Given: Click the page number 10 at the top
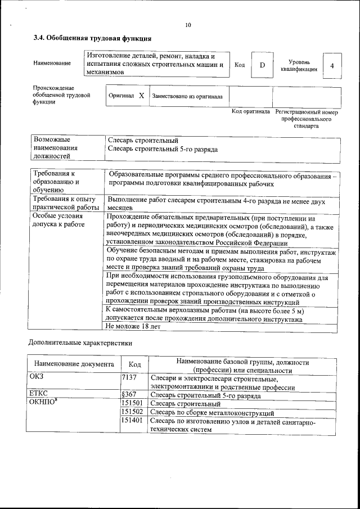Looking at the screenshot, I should [x=188, y=25].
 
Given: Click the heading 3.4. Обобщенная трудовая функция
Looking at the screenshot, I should [x=92, y=38].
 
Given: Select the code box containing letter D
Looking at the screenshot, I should [x=262, y=65].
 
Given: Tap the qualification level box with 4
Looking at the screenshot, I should [x=332, y=66].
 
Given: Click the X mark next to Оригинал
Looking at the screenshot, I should [x=141, y=96].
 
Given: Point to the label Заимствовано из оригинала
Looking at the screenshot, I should [x=187, y=97].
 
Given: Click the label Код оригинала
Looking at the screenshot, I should [x=251, y=112].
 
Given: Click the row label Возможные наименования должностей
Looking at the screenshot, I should [x=55, y=147].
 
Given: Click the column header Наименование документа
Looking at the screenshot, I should [x=74, y=364].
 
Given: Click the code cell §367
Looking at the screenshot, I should [x=130, y=395].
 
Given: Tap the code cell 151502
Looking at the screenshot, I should [x=132, y=412].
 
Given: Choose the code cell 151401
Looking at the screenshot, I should [x=132, y=421].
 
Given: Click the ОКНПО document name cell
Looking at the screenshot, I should [x=43, y=404].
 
